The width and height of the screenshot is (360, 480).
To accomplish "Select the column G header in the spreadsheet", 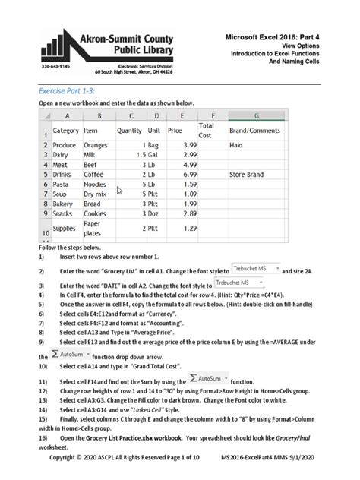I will click(257, 115).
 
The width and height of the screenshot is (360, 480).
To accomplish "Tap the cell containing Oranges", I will click(96, 144).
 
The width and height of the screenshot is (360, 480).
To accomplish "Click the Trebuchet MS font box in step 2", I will click(254, 270).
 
